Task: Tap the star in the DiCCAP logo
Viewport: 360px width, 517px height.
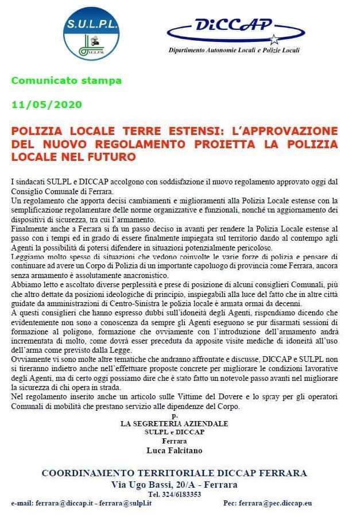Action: point(274,40)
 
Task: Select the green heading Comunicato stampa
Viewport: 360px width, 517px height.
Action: point(67,80)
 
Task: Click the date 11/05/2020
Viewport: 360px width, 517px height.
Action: point(47,105)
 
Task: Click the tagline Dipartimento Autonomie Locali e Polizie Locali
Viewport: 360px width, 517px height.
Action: point(234,50)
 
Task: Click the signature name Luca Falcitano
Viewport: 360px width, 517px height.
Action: point(175,450)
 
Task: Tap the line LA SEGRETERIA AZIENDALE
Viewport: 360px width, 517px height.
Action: point(174,423)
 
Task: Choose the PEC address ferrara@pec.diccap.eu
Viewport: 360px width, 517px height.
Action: point(275,503)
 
